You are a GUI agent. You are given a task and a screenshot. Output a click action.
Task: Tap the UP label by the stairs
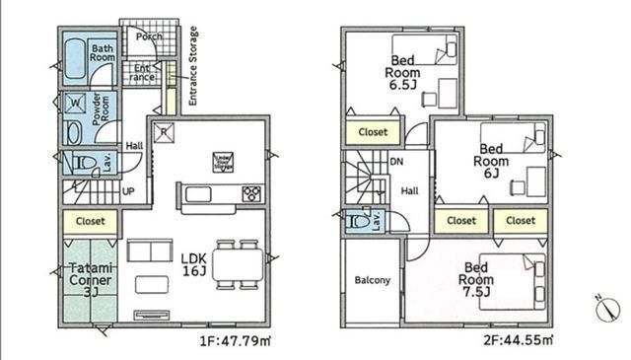(128, 190)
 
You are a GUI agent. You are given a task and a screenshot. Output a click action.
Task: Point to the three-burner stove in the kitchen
(250, 192)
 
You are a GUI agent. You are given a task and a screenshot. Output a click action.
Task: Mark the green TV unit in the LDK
(152, 315)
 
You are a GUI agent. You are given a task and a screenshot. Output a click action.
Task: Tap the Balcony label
(371, 280)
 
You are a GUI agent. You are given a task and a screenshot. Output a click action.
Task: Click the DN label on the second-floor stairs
(396, 162)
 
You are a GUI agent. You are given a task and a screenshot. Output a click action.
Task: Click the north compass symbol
(604, 307)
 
